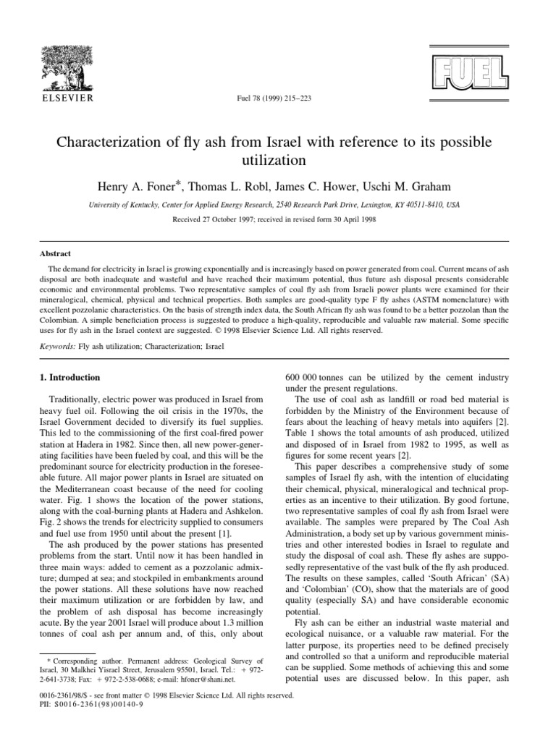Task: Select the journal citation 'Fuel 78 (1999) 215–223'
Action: (277, 98)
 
